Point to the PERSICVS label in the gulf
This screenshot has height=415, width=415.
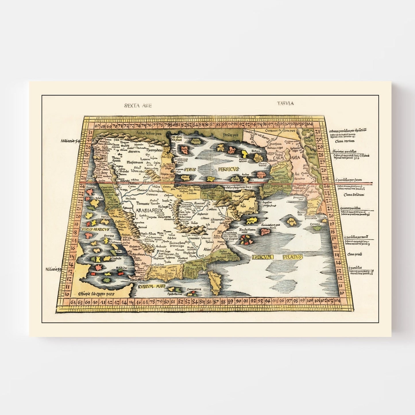228,169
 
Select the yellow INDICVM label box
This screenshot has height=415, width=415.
262,257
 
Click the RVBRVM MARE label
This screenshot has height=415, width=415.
150,286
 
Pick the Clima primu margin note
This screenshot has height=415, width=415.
354,254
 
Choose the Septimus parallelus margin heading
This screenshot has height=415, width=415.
344,151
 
